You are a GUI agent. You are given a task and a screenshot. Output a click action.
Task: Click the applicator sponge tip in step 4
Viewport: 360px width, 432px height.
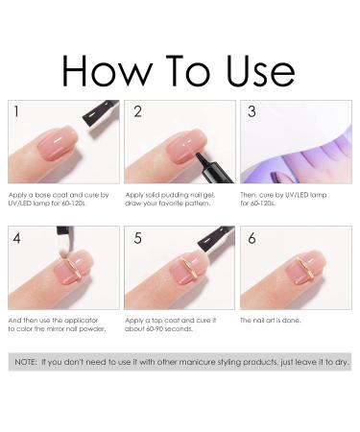tap(61, 257)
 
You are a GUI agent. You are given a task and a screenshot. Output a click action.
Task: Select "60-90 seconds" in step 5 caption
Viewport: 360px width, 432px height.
tap(171, 327)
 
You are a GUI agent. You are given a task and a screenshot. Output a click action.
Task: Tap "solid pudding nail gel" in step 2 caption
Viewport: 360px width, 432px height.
tap(174, 193)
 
